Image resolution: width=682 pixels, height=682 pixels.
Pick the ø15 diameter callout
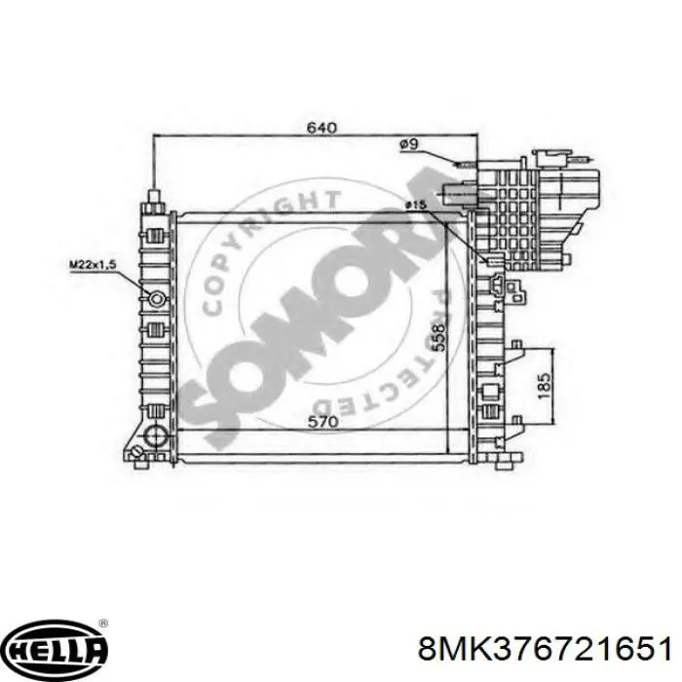pyautogui.click(x=416, y=206)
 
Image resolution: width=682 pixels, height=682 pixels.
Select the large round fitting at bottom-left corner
pyautogui.click(x=153, y=436)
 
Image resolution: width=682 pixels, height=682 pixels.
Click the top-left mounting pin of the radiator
pyautogui.click(x=154, y=199)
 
